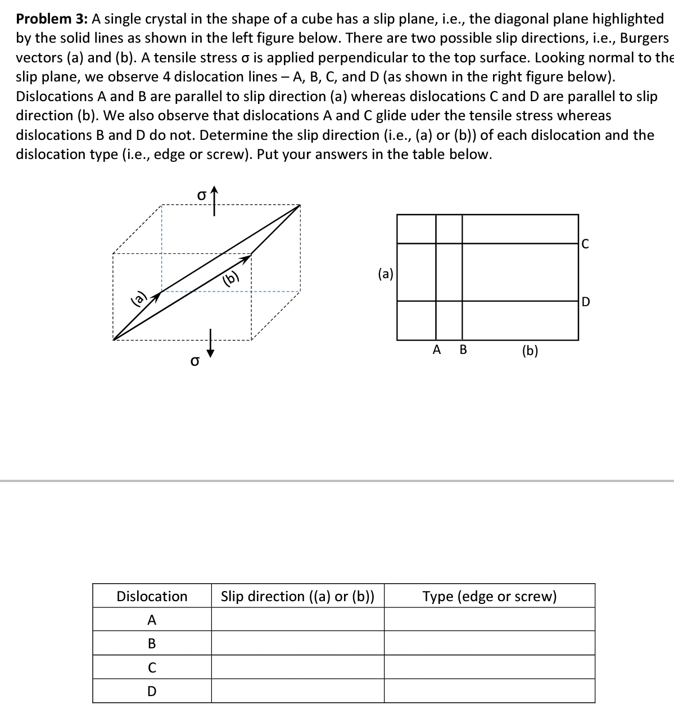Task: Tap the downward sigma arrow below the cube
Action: (x=211, y=344)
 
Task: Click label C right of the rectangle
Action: (x=585, y=244)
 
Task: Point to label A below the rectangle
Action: (x=437, y=350)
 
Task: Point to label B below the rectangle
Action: (x=463, y=350)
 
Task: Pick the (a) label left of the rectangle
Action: (x=386, y=274)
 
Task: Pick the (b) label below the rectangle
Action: (x=530, y=351)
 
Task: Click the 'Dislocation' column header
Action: (x=152, y=596)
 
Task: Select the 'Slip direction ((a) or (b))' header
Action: (x=297, y=596)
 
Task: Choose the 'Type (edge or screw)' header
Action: (x=489, y=596)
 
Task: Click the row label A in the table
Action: (x=152, y=620)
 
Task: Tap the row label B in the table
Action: (x=152, y=644)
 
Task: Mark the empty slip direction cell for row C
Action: (x=297, y=667)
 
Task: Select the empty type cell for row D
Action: (x=489, y=691)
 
